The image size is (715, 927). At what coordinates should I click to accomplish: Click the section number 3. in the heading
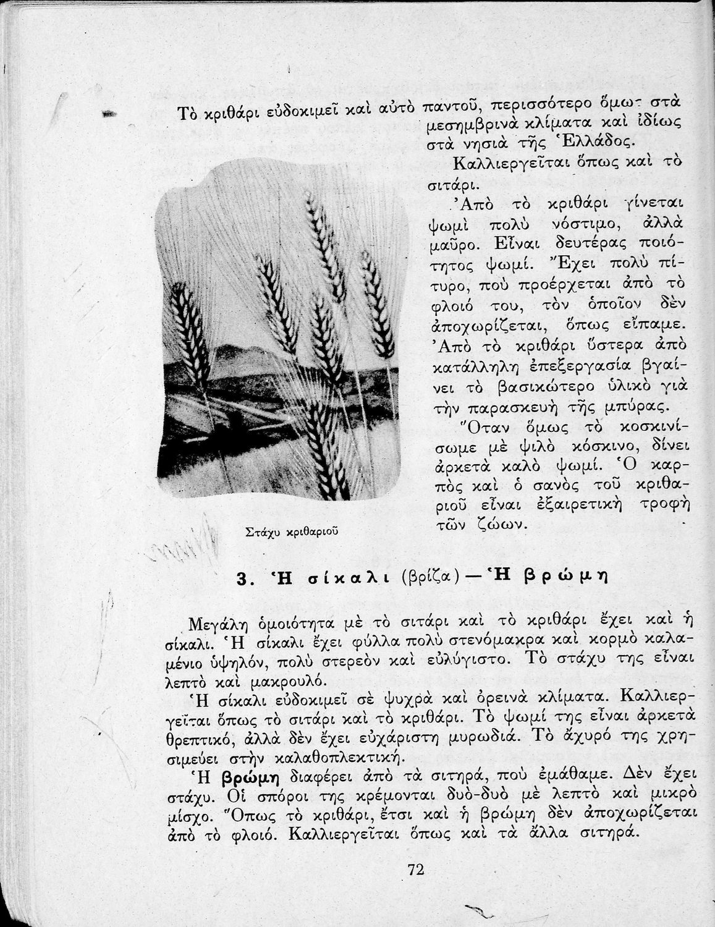click(243, 579)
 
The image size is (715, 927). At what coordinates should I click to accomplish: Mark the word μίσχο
click(187, 815)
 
